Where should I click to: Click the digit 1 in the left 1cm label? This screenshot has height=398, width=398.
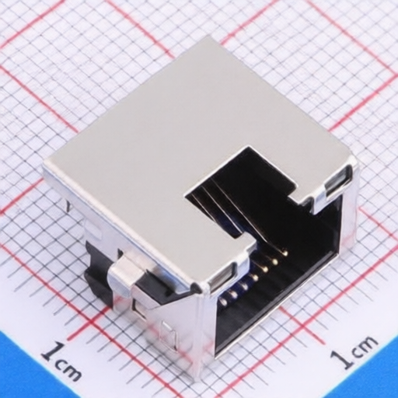pyautogui.click(x=53, y=353)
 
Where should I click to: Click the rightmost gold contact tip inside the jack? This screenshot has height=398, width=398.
pyautogui.click(x=285, y=252)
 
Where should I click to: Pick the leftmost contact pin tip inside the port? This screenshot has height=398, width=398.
pyautogui.click(x=222, y=301)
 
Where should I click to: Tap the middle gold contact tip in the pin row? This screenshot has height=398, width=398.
pyautogui.click(x=255, y=278)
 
